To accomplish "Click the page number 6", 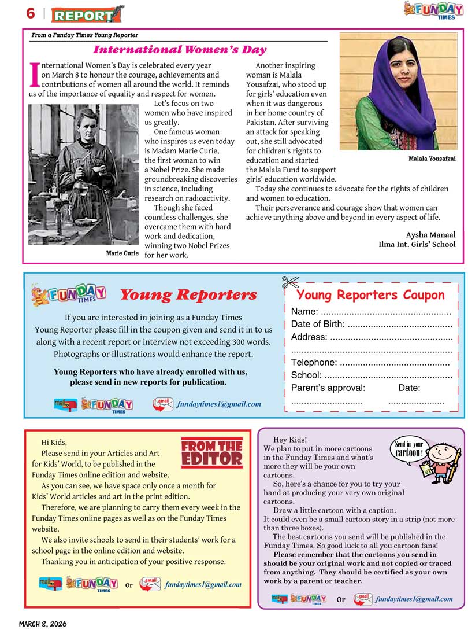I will tap(30, 13).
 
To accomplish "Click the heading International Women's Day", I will tap(180, 50).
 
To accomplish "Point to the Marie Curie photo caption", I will tap(122, 253).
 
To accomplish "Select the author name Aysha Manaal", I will tap(430, 234).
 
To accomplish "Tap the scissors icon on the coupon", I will tap(290, 282).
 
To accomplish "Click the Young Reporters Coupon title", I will tap(370, 294).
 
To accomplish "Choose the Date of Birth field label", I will tap(317, 324).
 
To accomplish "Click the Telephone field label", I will tap(314, 362).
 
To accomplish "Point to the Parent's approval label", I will tap(328, 388).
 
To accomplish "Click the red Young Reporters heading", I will tap(188, 295).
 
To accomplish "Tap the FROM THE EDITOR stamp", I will tap(211, 453).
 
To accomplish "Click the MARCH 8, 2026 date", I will tap(43, 624).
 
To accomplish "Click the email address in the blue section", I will tap(218, 404).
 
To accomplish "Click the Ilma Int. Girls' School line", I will tap(417, 244).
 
